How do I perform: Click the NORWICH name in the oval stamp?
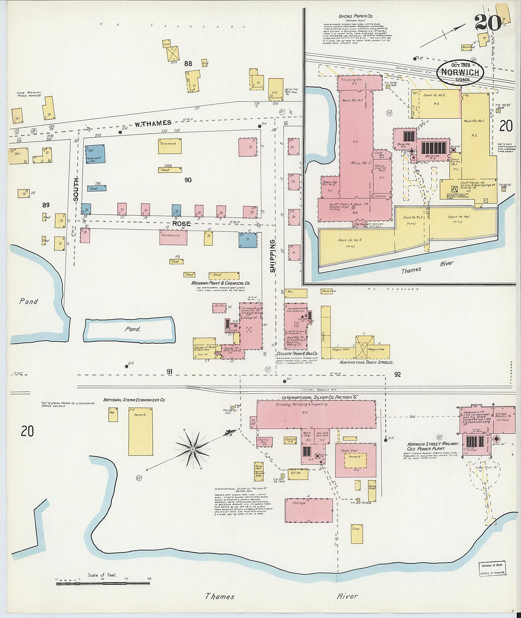pos(461,72)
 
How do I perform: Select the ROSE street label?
pos(182,223)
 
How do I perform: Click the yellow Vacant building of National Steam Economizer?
pos(140,431)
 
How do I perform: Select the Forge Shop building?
pos(355,460)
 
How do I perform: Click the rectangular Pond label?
pos(133,329)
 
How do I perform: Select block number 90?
pos(188,180)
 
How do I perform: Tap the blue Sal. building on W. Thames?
pos(95,154)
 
